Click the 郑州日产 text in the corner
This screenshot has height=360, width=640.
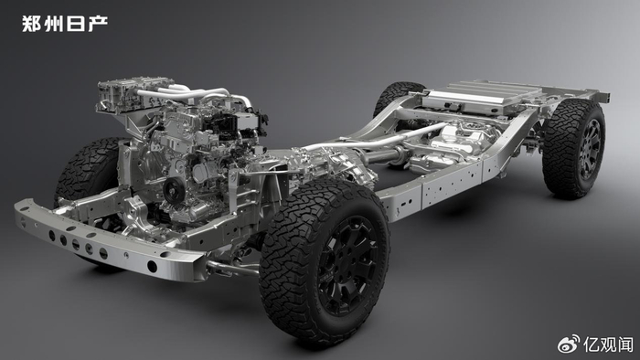pos(65,24)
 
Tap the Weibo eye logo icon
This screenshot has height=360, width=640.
pos(569,344)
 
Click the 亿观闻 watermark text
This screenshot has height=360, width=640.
pos(608,344)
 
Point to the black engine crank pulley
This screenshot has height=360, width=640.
pos(173,190)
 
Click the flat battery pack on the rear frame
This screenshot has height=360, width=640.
pos(477,98)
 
